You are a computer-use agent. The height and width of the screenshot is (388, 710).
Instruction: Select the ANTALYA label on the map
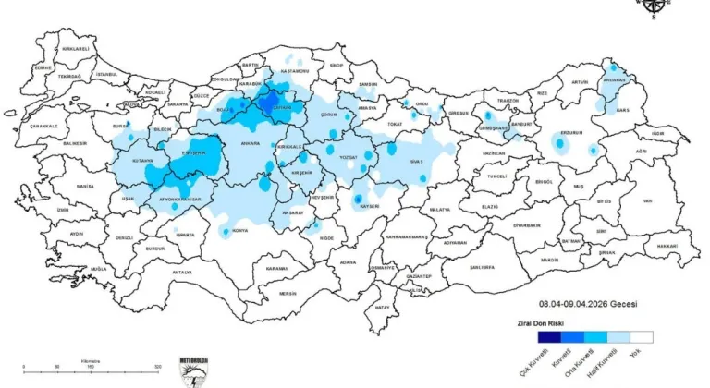(x=182, y=273)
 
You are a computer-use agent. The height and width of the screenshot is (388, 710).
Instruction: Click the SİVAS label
(x=417, y=161)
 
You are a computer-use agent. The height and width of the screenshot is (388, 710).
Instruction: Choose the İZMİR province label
(x=63, y=210)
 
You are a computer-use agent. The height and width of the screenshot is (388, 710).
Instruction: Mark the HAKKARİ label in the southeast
(x=667, y=247)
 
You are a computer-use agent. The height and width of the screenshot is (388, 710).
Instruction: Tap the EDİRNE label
(x=43, y=67)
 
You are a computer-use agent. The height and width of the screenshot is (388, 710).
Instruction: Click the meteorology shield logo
(x=196, y=370)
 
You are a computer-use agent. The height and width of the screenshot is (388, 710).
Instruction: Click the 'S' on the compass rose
(x=654, y=16)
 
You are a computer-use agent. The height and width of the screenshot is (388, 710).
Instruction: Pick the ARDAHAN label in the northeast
(x=613, y=80)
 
